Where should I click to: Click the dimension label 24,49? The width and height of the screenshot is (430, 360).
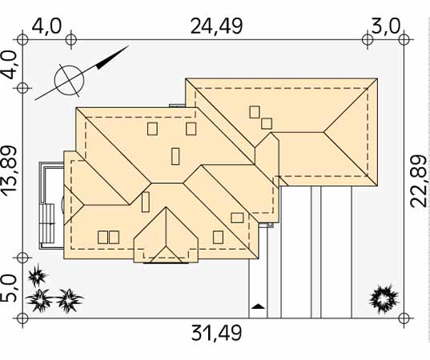point(216,26)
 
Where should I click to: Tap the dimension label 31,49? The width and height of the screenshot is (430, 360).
point(216,333)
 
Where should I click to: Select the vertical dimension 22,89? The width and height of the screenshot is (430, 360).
point(419,181)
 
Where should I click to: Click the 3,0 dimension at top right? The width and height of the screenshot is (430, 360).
point(386,26)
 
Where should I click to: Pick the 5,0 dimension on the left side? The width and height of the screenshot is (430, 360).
point(9,288)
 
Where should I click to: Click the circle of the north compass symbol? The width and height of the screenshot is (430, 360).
point(69,80)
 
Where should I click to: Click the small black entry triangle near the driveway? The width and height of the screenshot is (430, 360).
point(258,306)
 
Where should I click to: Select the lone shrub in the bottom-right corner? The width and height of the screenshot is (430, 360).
point(384,298)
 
